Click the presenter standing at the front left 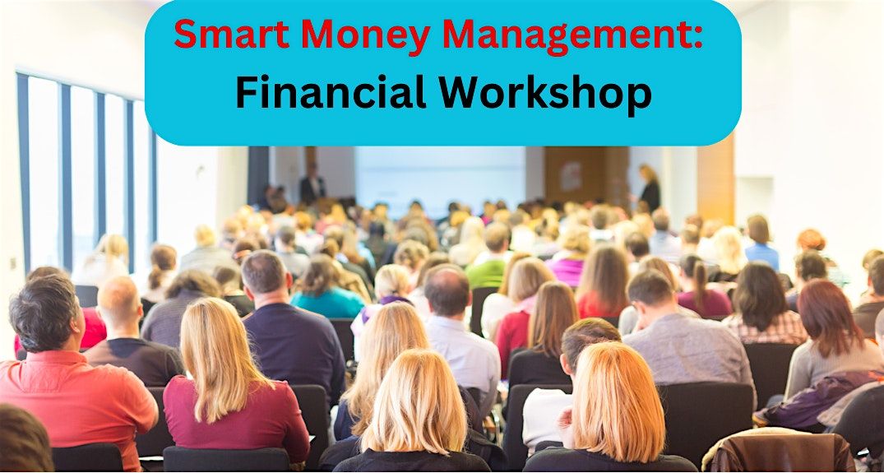[x=312, y=186]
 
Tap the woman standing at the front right [x=650, y=189]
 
